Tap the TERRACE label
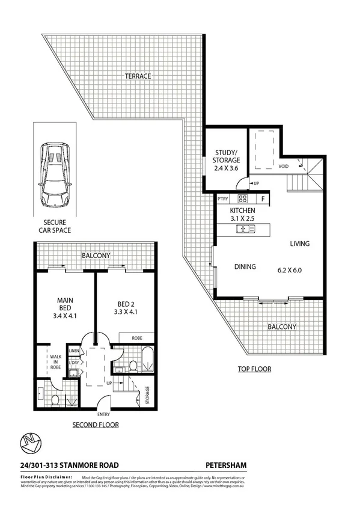(x=138, y=76)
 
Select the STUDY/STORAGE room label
(x=227, y=156)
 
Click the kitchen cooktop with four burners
(x=243, y=198)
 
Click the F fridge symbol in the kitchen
(x=263, y=198)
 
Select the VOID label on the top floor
(x=284, y=166)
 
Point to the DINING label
(x=245, y=266)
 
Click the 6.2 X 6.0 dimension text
(x=290, y=270)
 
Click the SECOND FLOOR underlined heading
(x=95, y=425)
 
